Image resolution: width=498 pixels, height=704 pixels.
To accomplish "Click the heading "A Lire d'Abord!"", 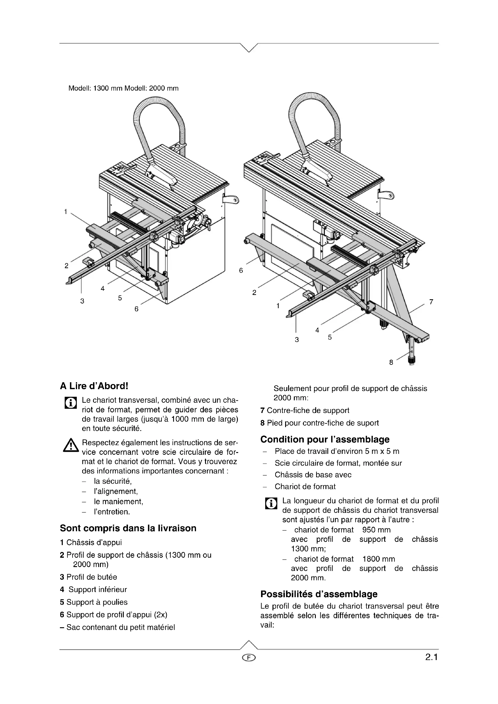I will [x=94, y=386].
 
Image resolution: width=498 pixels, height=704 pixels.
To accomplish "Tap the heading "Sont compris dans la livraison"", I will [x=128, y=528].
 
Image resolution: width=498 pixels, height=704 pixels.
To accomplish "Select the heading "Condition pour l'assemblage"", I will [x=325, y=439].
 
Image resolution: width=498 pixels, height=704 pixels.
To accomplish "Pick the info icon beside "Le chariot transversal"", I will [x=70, y=403].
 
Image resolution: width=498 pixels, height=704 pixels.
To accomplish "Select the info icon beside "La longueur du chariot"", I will [x=271, y=504].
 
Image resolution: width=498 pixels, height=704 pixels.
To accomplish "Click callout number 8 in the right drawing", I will [x=391, y=362].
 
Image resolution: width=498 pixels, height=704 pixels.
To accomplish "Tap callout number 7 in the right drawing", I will [x=431, y=302].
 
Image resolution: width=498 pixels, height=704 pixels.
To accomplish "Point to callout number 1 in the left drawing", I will [x=66, y=212].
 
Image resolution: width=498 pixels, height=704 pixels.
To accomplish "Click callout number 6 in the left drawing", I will [x=136, y=309].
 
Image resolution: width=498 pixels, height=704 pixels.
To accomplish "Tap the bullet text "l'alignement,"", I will [x=116, y=491].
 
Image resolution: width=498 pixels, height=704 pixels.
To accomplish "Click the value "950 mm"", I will [x=376, y=529].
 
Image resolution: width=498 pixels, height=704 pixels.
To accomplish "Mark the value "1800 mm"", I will [x=378, y=559].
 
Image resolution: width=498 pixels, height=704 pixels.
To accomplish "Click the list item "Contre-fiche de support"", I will [x=308, y=410].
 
